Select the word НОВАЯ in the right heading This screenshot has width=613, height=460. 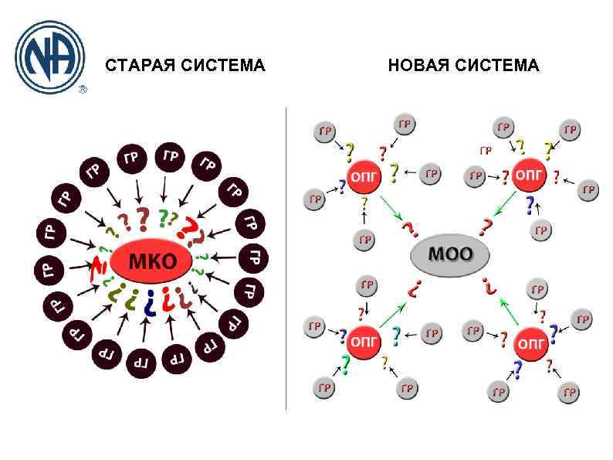(418, 66)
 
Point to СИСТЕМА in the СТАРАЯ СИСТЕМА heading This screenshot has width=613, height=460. (223, 66)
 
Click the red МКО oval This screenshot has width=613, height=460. (153, 261)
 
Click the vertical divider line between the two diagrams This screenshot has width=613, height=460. (286, 255)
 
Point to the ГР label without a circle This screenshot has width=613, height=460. (486, 150)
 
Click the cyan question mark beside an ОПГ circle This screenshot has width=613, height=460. (396, 336)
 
